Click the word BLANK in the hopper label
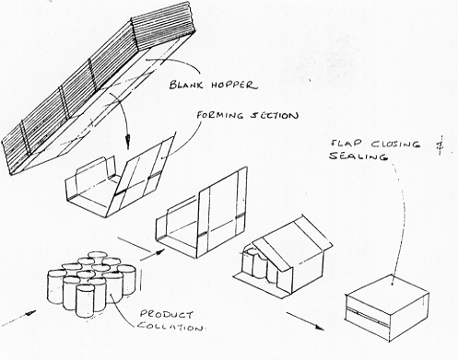coord(186,85)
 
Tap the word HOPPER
coord(234,85)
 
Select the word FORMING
coord(220,115)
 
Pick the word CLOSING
coord(395,145)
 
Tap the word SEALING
coord(358,156)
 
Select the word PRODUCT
coord(167,314)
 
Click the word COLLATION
coord(170,326)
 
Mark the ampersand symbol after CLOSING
coord(441,145)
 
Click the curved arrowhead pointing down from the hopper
coord(127,142)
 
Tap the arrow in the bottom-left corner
coord(18,318)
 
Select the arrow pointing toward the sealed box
coord(305,321)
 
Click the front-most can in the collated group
coord(85,300)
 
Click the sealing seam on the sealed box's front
coord(367,315)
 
